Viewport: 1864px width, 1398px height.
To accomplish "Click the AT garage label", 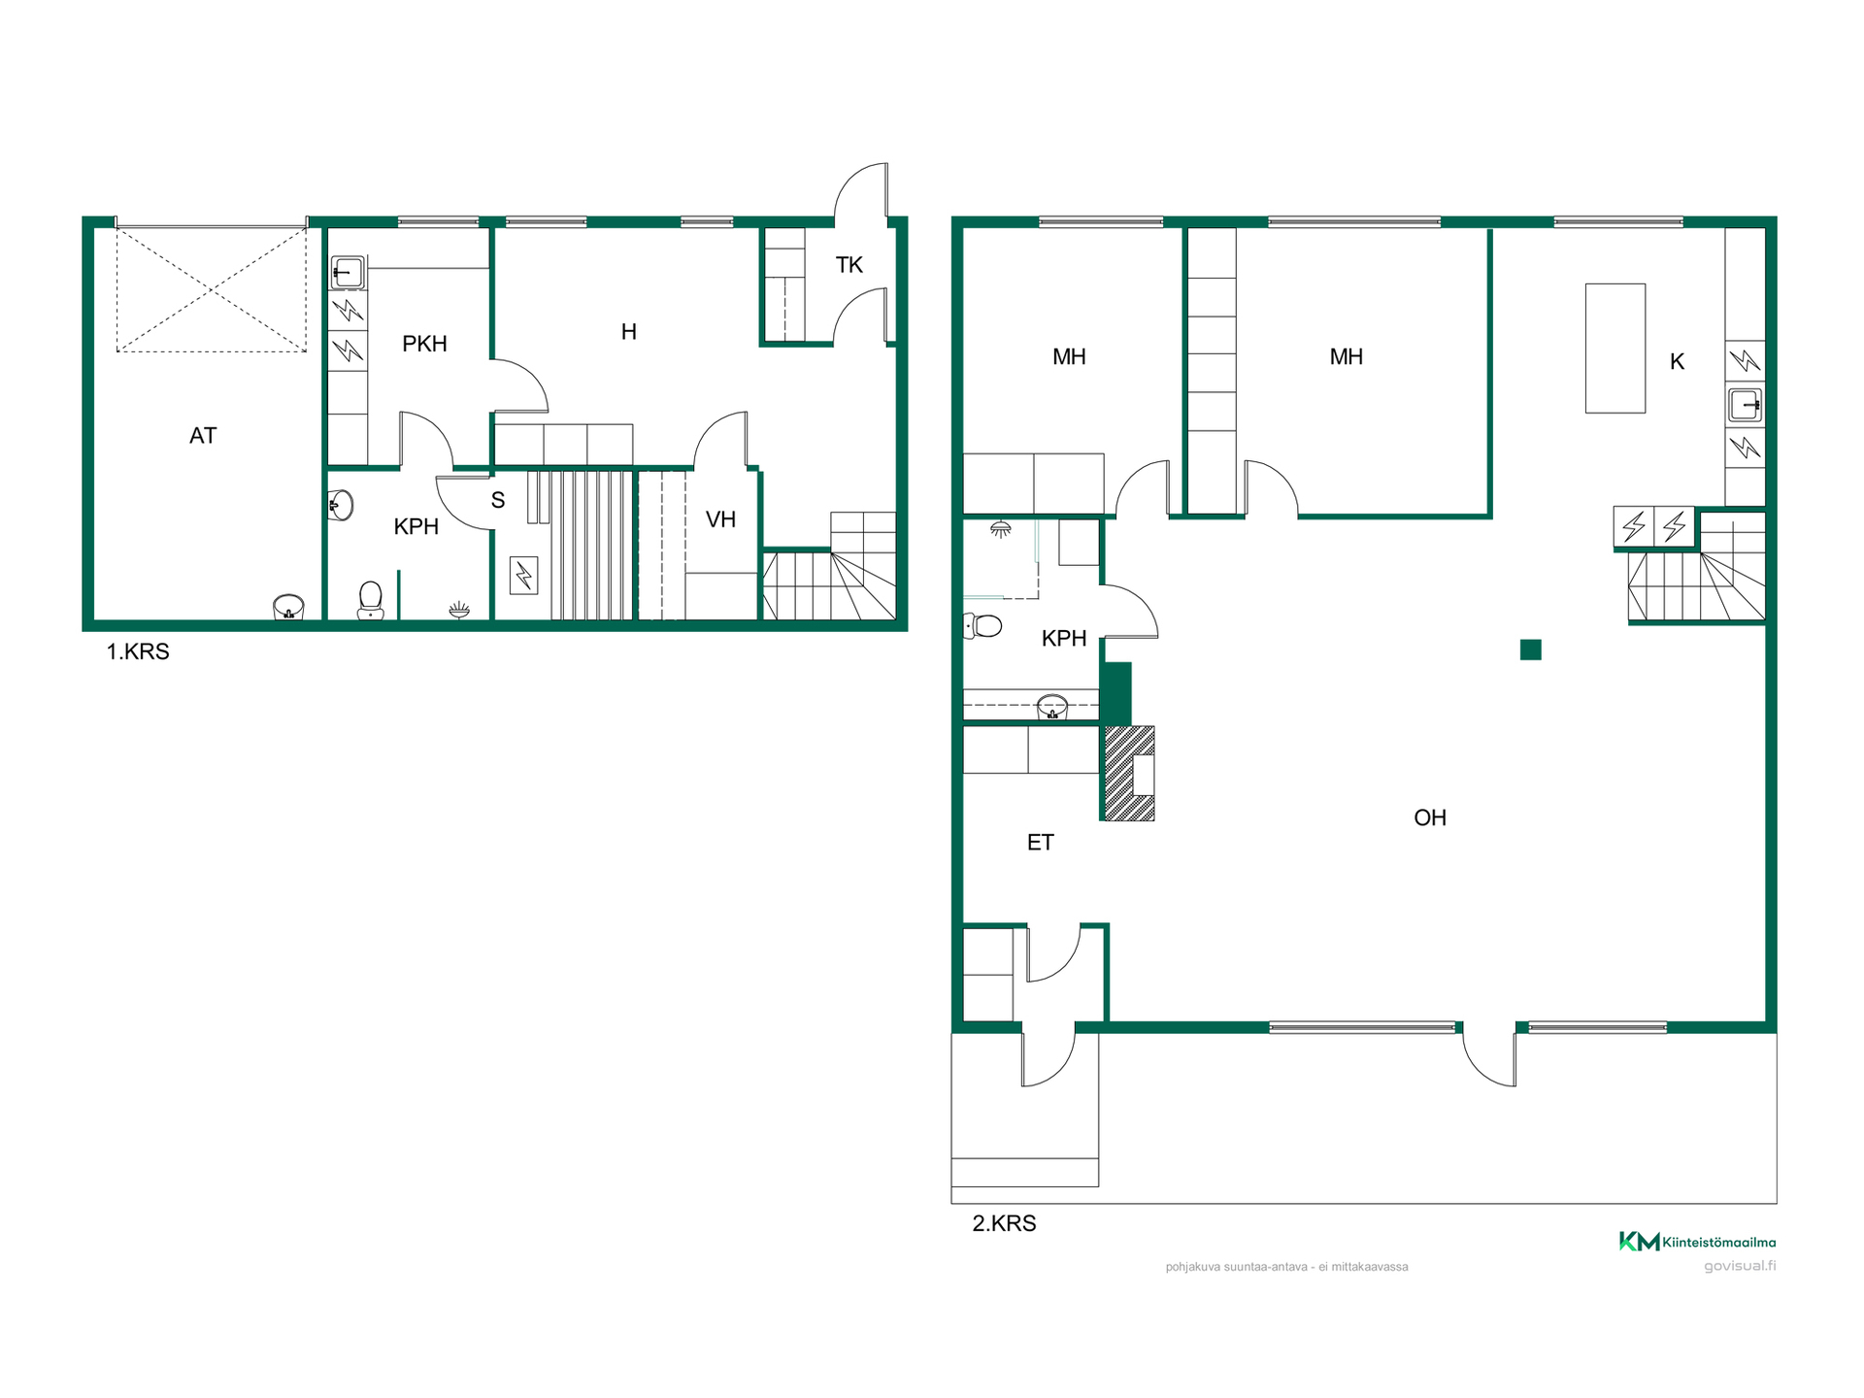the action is click(x=203, y=436).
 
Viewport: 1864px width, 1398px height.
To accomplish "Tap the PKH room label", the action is click(x=424, y=344).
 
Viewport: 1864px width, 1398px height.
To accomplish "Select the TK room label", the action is click(x=849, y=265).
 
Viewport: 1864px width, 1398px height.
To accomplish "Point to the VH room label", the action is click(x=720, y=519).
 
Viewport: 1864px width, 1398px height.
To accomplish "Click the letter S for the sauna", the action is click(x=498, y=501).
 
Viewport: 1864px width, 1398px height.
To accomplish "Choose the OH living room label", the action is click(x=1430, y=817).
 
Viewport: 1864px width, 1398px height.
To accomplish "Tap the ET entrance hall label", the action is click(x=1040, y=843).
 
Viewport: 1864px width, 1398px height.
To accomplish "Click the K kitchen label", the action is click(x=1677, y=362).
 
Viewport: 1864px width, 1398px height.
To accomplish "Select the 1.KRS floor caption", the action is click(x=138, y=651).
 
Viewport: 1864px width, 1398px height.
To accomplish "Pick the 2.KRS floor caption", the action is click(x=1004, y=1223).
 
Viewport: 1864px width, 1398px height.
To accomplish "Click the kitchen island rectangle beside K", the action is click(x=1615, y=349).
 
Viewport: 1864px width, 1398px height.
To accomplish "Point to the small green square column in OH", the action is click(x=1531, y=649).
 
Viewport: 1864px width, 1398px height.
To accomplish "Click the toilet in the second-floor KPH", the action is click(x=982, y=626).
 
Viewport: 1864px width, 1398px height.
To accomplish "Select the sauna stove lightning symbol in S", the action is click(x=523, y=576).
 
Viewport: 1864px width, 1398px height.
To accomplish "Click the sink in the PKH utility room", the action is click(x=347, y=273).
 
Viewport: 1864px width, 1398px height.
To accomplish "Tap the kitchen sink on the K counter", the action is click(x=1745, y=405).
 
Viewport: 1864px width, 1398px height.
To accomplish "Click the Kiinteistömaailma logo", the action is click(x=1697, y=1242).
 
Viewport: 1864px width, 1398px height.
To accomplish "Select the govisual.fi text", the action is click(x=1740, y=1266).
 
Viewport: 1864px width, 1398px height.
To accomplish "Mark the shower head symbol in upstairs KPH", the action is click(x=1000, y=530).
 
